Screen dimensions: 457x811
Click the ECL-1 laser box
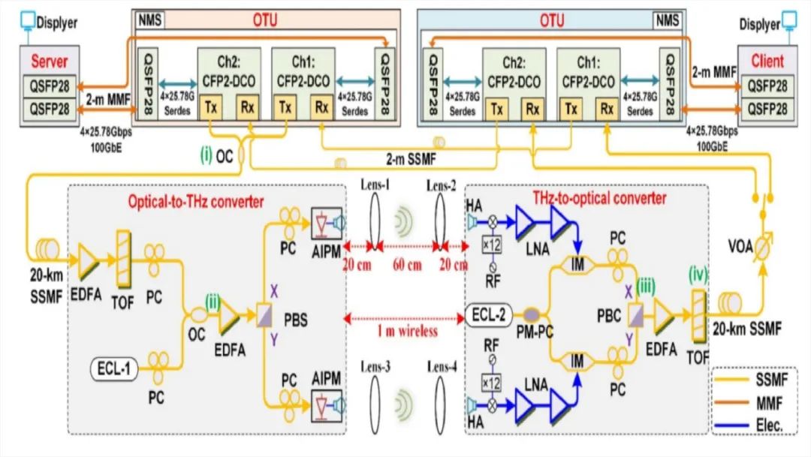(x=116, y=368)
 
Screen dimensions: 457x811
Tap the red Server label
(x=49, y=62)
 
